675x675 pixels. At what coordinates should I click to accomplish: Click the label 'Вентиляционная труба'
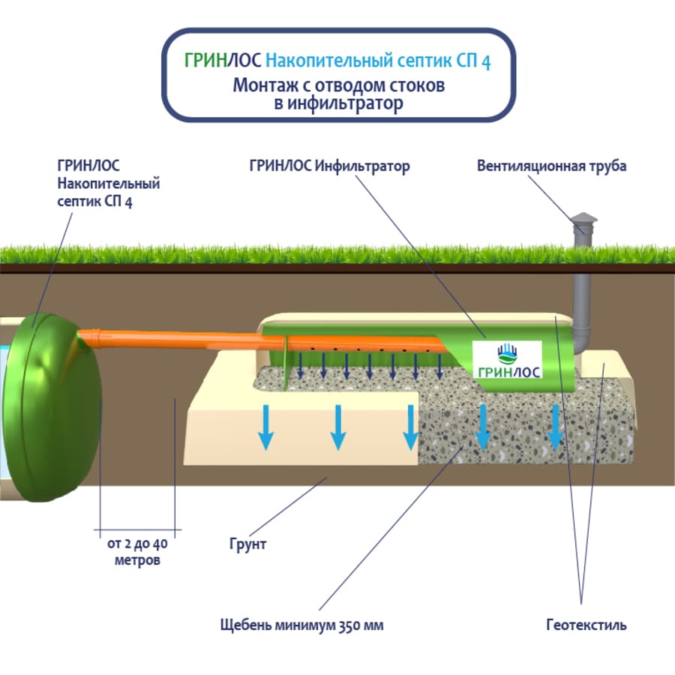click(x=551, y=166)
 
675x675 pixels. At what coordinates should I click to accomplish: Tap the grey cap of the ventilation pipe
click(x=584, y=223)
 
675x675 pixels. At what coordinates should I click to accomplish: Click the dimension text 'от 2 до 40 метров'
click(x=137, y=552)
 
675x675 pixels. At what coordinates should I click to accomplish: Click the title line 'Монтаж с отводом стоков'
click(x=338, y=85)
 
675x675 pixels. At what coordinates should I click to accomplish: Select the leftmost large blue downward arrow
click(x=265, y=427)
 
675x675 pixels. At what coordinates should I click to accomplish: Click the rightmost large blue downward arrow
click(x=555, y=427)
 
